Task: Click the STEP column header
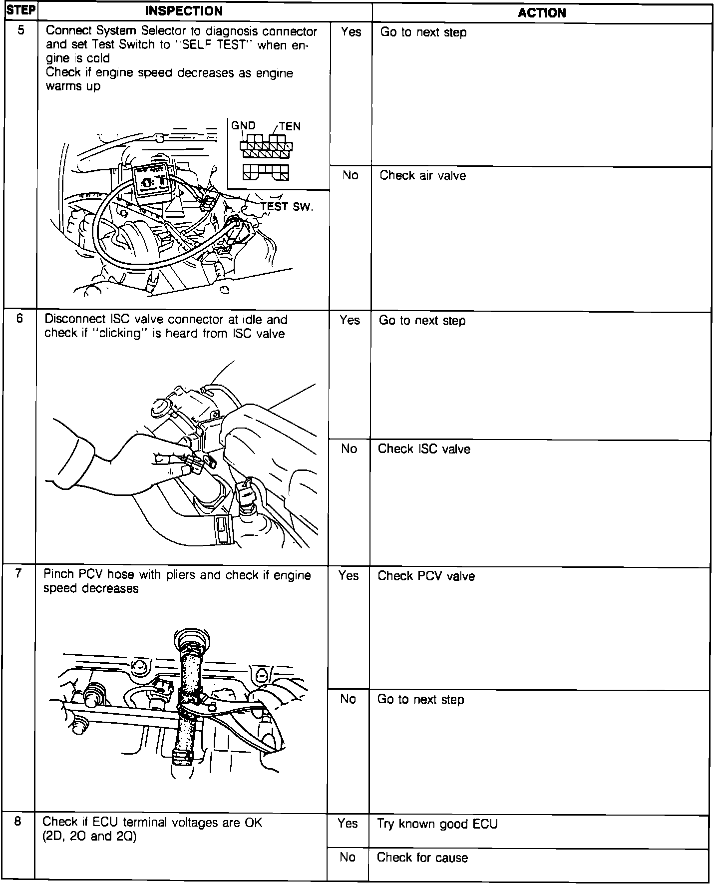pyautogui.click(x=20, y=11)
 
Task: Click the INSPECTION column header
pyautogui.click(x=184, y=11)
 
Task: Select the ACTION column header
pyautogui.click(x=542, y=13)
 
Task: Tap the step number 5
pyautogui.click(x=20, y=30)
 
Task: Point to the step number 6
pyautogui.click(x=19, y=318)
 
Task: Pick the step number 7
pyautogui.click(x=18, y=573)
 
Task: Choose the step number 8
pyautogui.click(x=17, y=822)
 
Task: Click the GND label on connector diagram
pyautogui.click(x=243, y=126)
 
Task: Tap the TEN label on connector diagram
pyautogui.click(x=290, y=126)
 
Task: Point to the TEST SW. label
pyautogui.click(x=287, y=207)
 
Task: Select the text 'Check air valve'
pyautogui.click(x=422, y=176)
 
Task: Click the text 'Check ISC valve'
pyautogui.click(x=424, y=449)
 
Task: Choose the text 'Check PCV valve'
pyautogui.click(x=426, y=576)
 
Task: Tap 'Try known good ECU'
pyautogui.click(x=437, y=824)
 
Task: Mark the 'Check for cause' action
pyautogui.click(x=422, y=858)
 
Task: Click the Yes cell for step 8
pyautogui.click(x=348, y=824)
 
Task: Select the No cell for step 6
pyautogui.click(x=350, y=449)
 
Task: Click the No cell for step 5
pyautogui.click(x=351, y=175)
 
